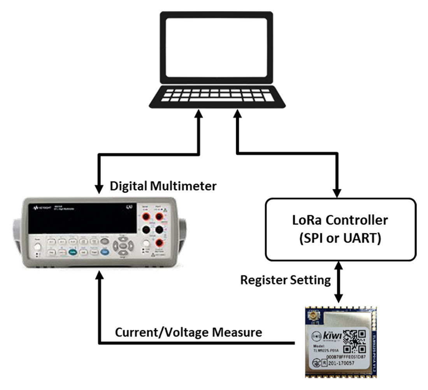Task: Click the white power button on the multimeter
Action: pos(38,248)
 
